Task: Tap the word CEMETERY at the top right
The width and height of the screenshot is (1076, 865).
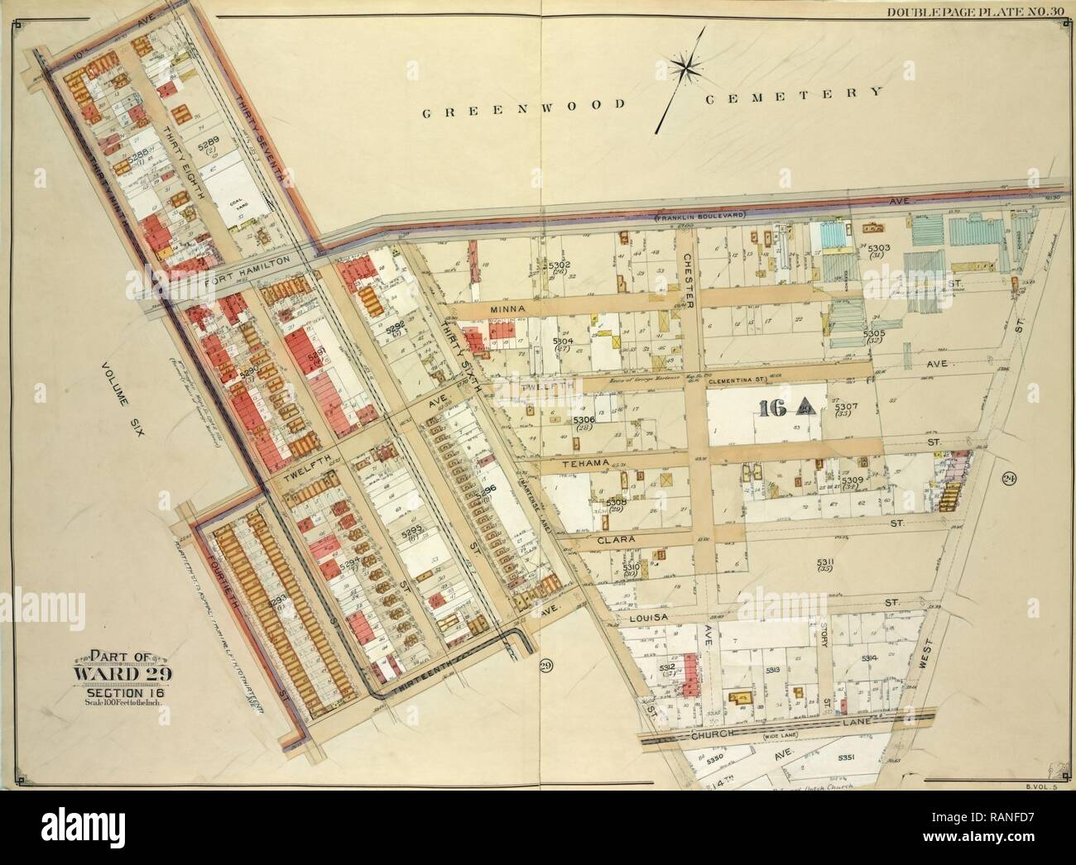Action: pyautogui.click(x=793, y=95)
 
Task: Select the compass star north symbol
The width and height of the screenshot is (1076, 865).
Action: pyautogui.click(x=686, y=69)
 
